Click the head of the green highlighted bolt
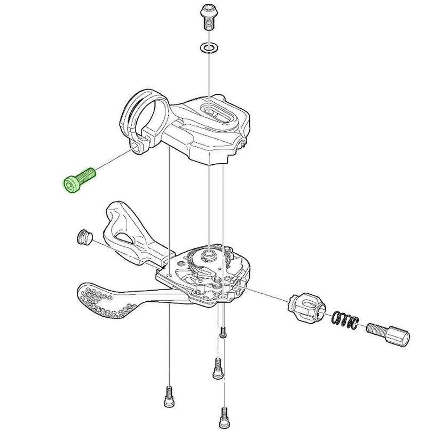[70, 185]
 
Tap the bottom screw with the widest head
[217, 368]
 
